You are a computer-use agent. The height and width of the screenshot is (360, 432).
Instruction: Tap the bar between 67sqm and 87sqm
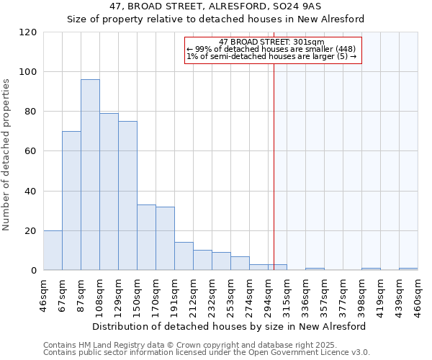[71, 201]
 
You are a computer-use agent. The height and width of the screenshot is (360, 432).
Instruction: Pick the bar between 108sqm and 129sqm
[109, 192]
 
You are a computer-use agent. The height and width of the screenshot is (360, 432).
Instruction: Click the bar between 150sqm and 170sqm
[146, 238]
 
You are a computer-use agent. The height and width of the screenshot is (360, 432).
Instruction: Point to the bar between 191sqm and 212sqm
[184, 256]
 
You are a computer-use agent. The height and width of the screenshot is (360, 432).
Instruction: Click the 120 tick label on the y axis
[28, 32]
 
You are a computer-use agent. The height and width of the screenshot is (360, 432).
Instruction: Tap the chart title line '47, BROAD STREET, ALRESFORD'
[216, 6]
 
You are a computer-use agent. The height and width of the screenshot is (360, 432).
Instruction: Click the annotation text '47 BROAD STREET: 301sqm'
[272, 42]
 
